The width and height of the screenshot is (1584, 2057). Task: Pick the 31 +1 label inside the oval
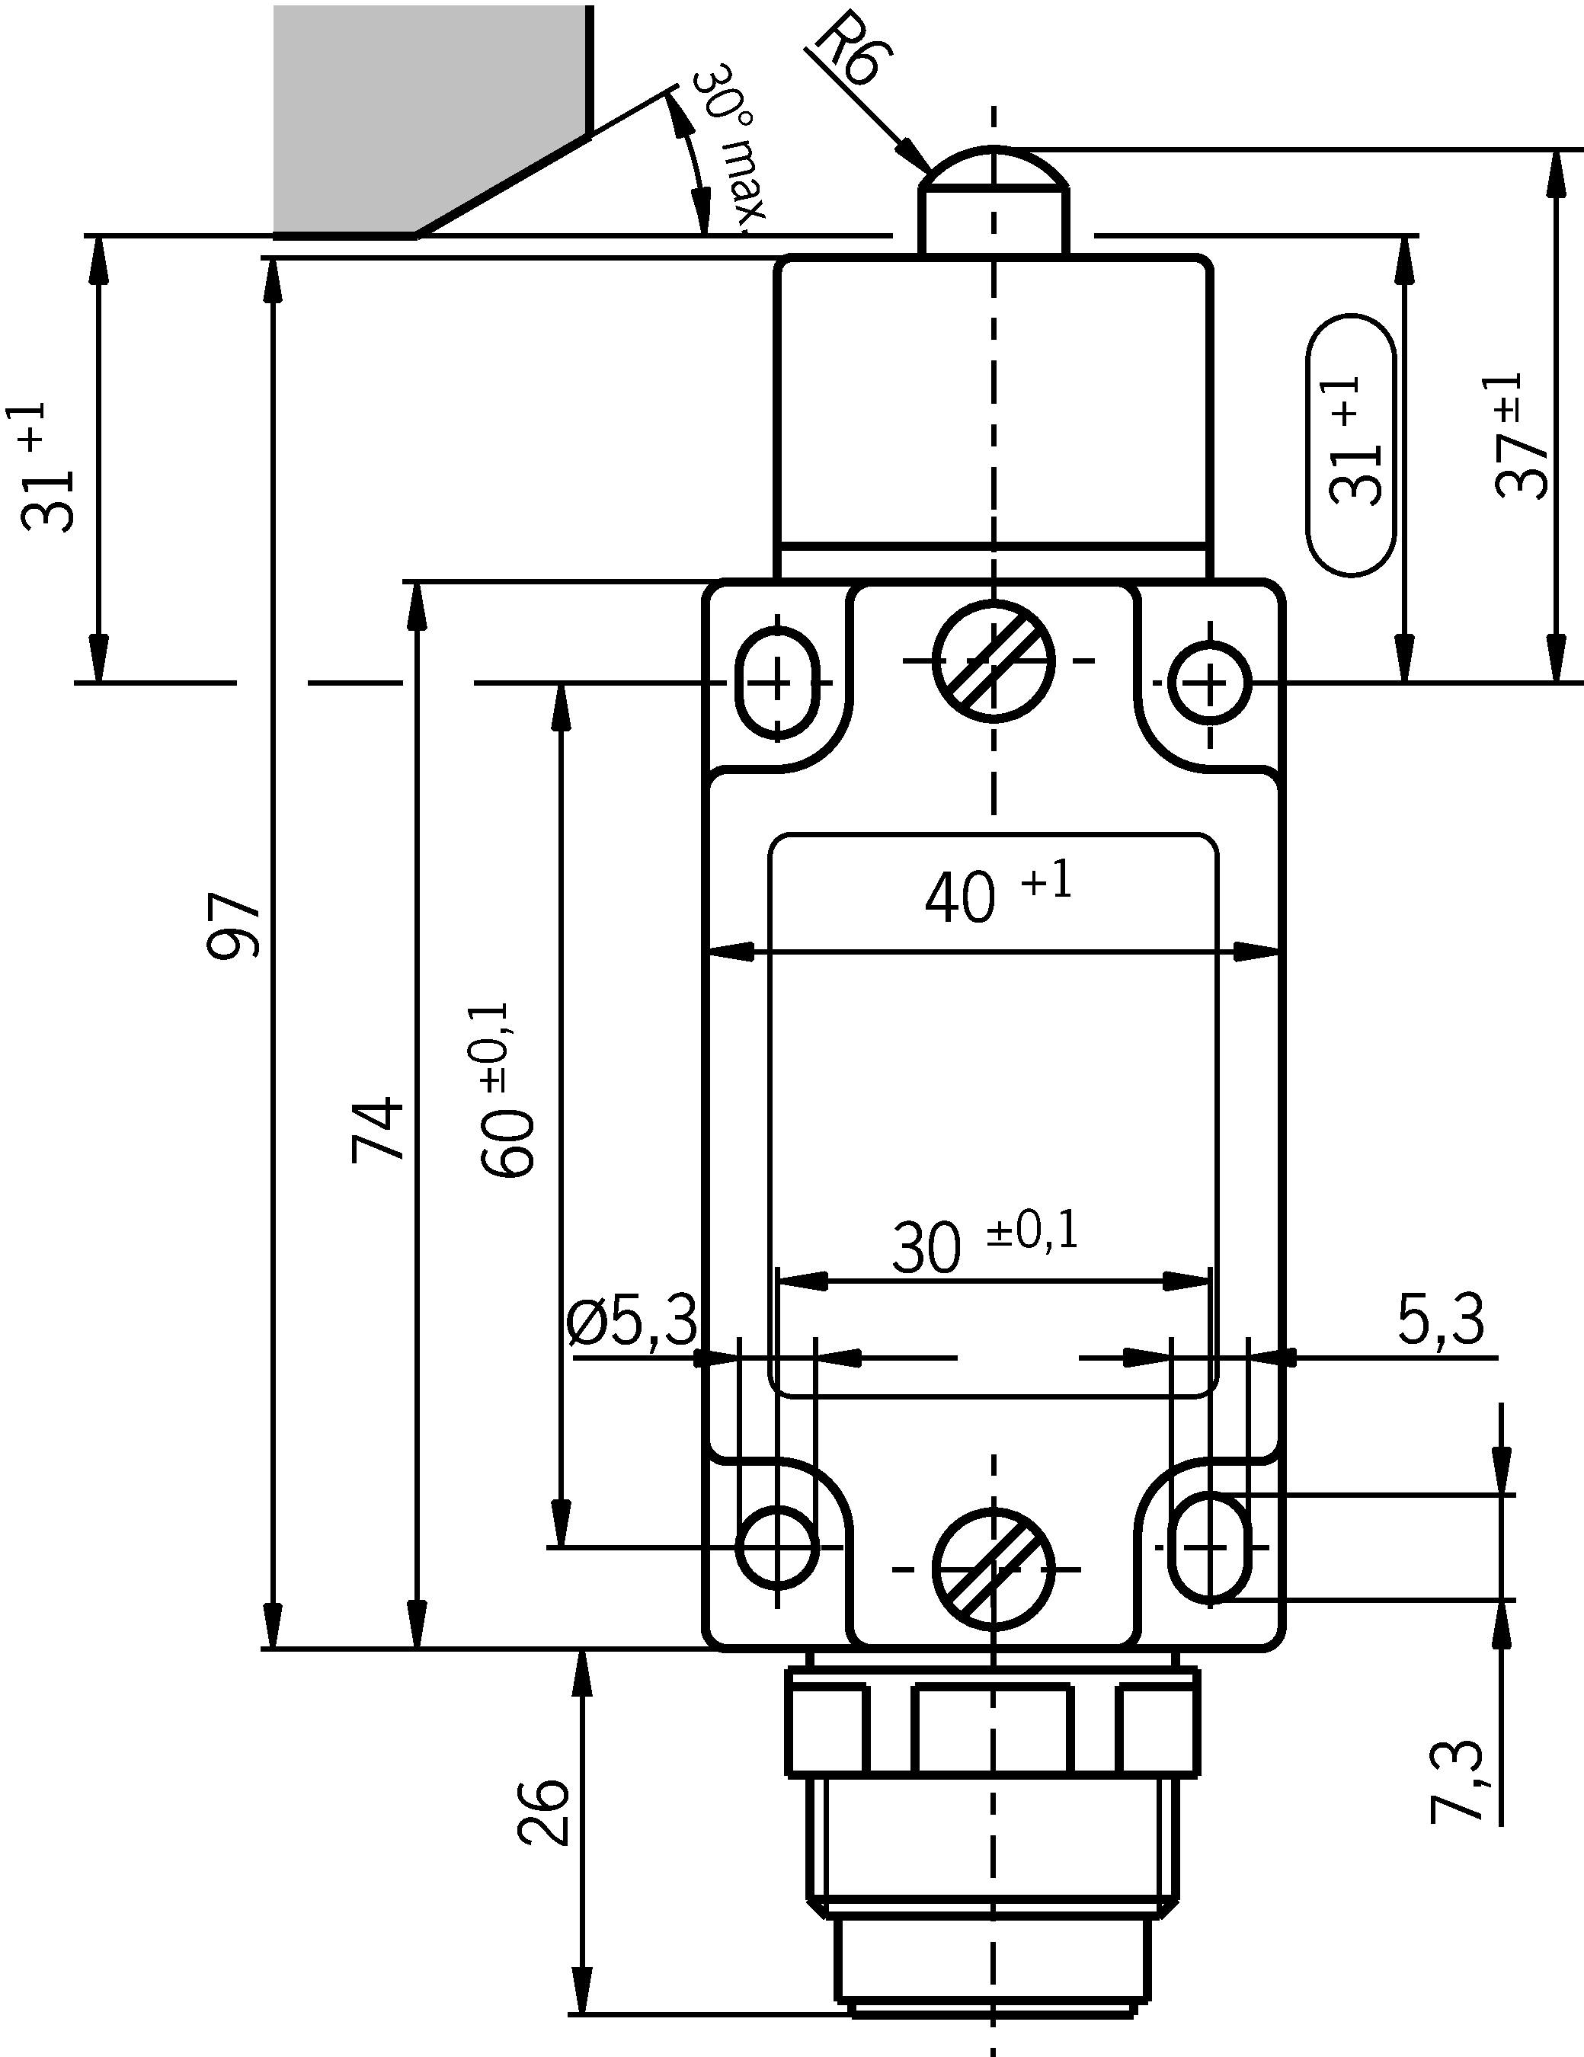[x=1352, y=443]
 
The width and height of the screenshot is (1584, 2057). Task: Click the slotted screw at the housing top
[x=993, y=661]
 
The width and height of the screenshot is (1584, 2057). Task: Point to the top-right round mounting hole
[x=1210, y=683]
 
